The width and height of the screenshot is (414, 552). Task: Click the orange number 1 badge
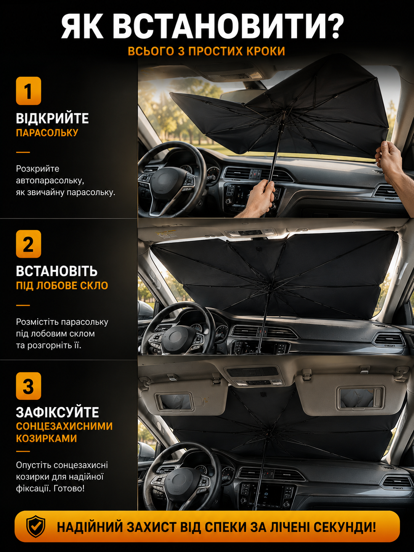(x=29, y=91)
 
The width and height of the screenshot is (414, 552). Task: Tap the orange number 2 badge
(x=29, y=244)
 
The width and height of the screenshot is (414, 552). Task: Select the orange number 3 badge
(x=29, y=386)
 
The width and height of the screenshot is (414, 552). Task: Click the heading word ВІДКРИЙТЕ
(x=52, y=119)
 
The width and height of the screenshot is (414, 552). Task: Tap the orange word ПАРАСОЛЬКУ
(x=47, y=133)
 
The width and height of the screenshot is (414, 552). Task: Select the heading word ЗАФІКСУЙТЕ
(x=58, y=412)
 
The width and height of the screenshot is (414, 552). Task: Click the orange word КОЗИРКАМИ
(x=47, y=438)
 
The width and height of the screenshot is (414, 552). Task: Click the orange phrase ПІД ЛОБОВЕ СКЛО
(x=62, y=286)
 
